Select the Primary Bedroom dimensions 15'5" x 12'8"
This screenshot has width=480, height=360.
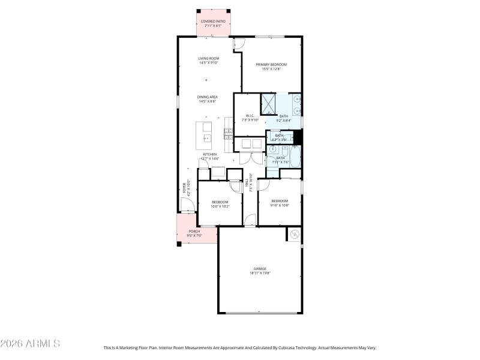271,69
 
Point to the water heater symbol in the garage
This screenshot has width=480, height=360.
294,234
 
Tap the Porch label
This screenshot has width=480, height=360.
194,233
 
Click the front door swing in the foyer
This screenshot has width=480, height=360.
187,205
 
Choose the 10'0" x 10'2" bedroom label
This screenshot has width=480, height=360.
220,204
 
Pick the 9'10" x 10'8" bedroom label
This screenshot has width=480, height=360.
280,203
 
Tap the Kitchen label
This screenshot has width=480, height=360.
210,155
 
